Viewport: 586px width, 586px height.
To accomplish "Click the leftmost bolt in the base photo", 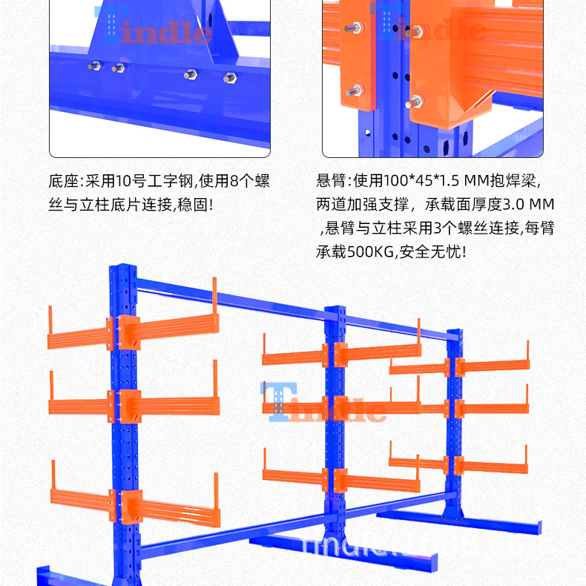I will [94, 68].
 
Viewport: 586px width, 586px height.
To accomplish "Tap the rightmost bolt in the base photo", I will [228, 76].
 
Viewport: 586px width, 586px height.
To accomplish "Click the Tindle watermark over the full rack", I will [323, 405].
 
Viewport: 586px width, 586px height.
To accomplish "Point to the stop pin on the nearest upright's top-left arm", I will [51, 320].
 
